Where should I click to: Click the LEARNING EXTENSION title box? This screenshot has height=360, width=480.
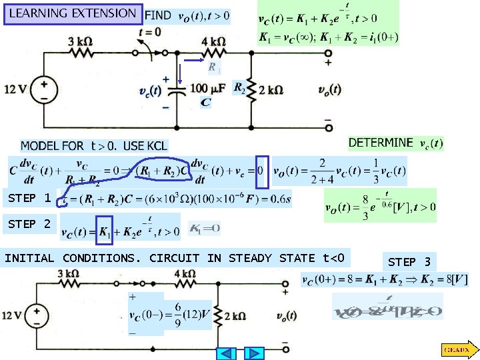point(72,13)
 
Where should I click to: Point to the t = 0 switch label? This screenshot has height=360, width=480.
point(149,31)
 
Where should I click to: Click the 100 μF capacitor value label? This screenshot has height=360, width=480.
point(207,88)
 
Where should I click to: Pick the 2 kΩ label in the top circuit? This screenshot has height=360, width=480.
point(271,89)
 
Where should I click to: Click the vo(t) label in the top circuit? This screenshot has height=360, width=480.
point(329,89)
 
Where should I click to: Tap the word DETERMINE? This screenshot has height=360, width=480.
point(381,142)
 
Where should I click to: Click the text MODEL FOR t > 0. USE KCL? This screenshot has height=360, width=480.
point(93,145)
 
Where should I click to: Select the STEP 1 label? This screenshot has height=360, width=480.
point(29,198)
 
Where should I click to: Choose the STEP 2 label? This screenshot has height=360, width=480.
point(29,225)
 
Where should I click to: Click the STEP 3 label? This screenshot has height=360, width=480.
point(409,261)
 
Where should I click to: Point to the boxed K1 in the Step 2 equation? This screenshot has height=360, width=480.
point(104,230)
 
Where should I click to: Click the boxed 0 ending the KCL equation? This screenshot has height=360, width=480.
point(261,171)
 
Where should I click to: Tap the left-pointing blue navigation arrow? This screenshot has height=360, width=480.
point(227,353)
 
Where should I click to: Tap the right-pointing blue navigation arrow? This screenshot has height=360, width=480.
point(253,353)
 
